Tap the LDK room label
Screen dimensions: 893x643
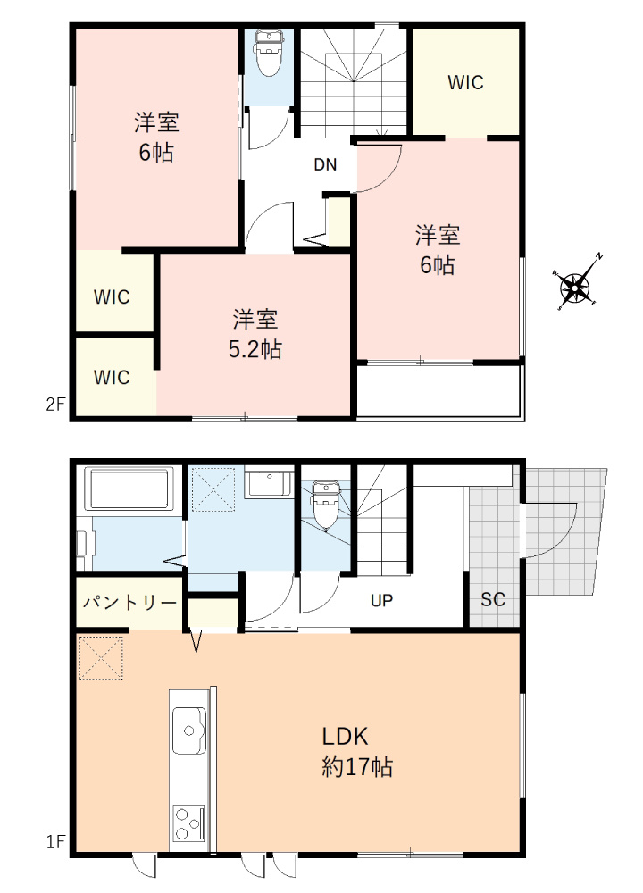(346, 737)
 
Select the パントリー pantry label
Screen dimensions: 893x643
(129, 602)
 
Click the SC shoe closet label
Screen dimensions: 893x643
(493, 600)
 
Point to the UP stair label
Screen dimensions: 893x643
(382, 600)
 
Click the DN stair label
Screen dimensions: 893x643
(325, 164)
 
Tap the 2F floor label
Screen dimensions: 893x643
(55, 404)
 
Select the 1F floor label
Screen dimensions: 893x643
(55, 841)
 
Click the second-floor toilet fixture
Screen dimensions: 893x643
(269, 52)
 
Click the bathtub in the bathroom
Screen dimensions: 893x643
(130, 488)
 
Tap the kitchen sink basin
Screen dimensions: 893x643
(189, 729)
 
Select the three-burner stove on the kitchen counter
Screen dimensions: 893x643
(188, 822)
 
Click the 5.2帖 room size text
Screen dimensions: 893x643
(255, 350)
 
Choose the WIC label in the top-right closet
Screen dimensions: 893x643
(465, 83)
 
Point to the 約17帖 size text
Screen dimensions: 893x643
(357, 766)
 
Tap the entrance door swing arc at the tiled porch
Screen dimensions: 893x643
(558, 531)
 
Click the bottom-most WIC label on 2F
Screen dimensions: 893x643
(113, 377)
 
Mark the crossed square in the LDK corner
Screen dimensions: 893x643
(100, 658)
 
